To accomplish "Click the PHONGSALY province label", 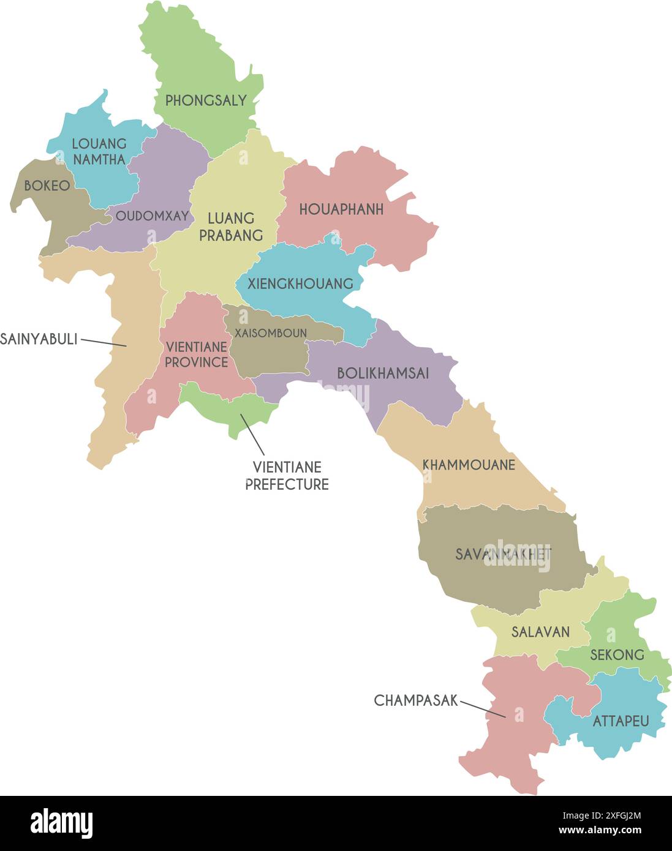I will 206,100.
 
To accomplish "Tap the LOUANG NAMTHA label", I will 99,151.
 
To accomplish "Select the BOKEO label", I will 47,186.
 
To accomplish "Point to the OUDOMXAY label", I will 152,216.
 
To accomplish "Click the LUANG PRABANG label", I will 231,227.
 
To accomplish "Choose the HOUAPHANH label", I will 341,209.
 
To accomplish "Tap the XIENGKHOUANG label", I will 300,283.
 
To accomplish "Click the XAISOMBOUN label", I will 270,333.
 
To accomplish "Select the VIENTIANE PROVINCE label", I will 196,354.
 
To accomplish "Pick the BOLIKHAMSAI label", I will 383,373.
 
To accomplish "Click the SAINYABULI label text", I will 39,339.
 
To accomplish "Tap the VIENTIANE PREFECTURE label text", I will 287,476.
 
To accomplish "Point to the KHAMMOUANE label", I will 469,465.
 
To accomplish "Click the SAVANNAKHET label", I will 503,554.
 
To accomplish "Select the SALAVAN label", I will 540,632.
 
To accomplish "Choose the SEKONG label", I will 617,654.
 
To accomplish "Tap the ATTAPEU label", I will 621,721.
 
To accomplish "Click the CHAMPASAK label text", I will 416,700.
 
